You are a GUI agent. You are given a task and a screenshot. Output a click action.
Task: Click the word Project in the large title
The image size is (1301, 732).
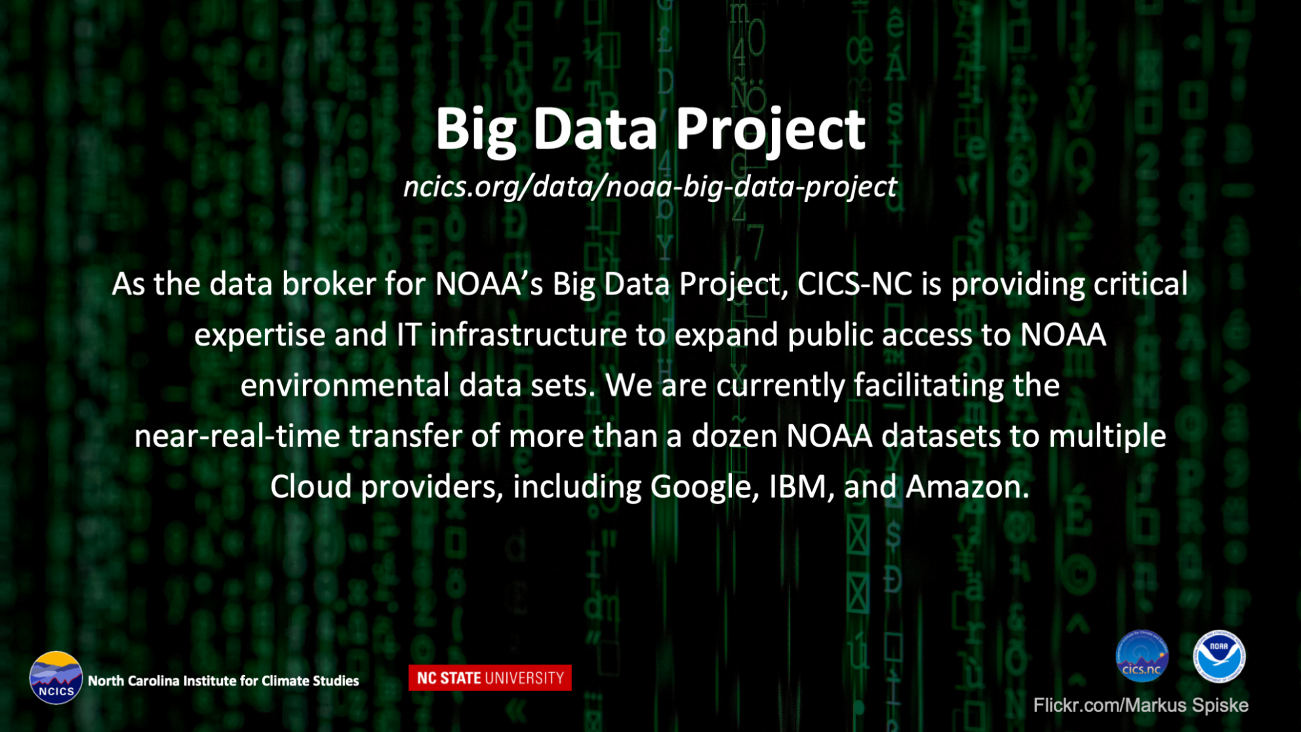[771, 130]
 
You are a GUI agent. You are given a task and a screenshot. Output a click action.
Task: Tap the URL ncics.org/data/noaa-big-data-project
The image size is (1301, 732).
[650, 187]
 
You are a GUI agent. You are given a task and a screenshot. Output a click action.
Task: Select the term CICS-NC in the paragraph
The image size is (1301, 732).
[854, 284]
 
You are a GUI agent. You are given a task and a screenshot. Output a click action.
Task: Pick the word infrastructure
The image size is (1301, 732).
[529, 335]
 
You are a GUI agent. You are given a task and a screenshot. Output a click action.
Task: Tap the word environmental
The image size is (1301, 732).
[345, 385]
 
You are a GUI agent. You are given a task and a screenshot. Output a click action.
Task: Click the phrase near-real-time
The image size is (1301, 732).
[237, 436]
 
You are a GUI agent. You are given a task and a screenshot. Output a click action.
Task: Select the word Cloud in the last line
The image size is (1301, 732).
[310, 487]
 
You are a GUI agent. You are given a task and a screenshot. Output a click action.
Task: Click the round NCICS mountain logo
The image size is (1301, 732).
[56, 678]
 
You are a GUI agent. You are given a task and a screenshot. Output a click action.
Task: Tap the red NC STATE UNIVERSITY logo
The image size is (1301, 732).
[490, 678]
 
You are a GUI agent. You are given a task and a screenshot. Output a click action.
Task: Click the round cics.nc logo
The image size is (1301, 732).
[1142, 657]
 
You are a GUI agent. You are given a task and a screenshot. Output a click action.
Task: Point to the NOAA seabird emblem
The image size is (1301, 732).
[1219, 657]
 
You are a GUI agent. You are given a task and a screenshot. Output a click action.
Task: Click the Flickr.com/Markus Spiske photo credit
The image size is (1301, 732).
[1140, 705]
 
